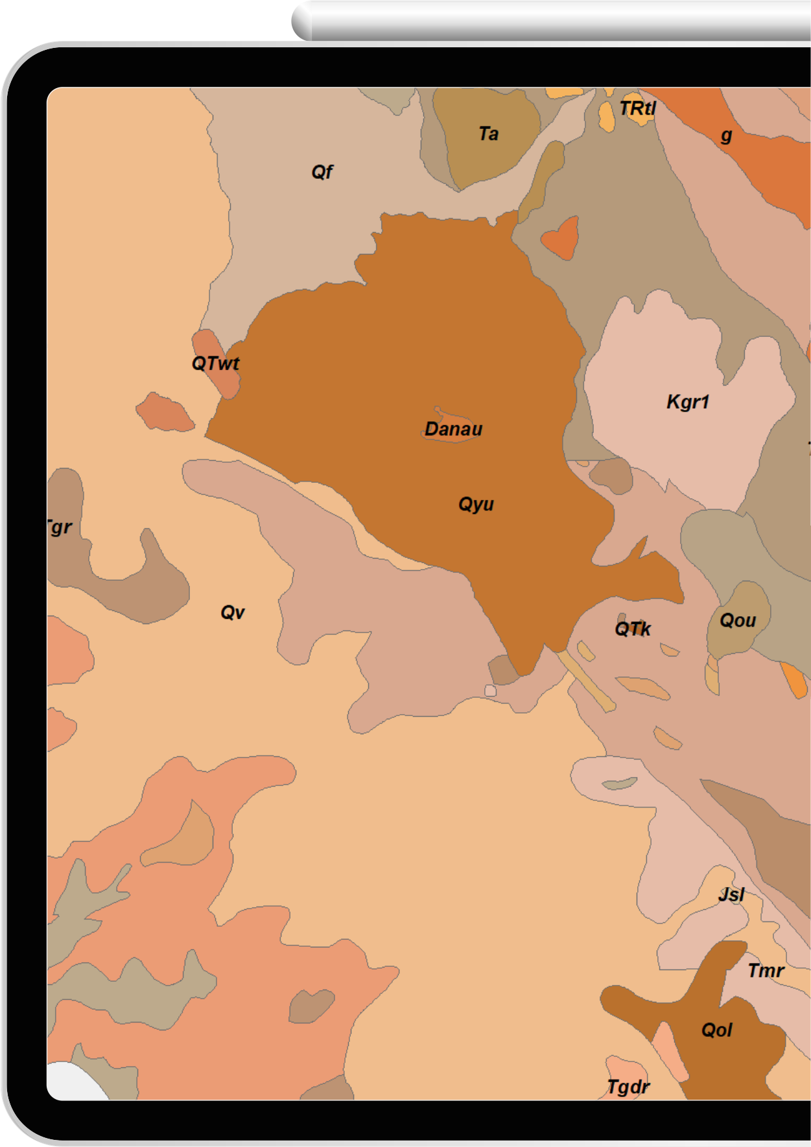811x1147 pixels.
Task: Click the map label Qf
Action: tap(322, 172)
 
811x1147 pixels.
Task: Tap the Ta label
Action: tap(489, 134)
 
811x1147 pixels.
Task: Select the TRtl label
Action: tap(637, 108)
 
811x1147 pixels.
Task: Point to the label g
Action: tap(727, 135)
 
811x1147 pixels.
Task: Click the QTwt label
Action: tap(215, 364)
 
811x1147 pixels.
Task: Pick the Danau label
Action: tap(454, 429)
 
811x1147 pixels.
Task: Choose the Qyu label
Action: tap(476, 504)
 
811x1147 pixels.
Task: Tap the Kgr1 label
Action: tap(688, 402)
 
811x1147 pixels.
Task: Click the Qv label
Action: tap(233, 612)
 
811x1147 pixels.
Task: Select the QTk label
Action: tap(633, 629)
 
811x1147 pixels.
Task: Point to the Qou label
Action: tap(738, 621)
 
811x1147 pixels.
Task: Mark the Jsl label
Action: tap(731, 895)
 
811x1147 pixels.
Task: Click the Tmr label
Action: tap(766, 971)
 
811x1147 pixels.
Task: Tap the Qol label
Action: tap(717, 1030)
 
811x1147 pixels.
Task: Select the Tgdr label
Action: tap(628, 1087)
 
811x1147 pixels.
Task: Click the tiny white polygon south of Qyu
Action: tap(491, 691)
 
